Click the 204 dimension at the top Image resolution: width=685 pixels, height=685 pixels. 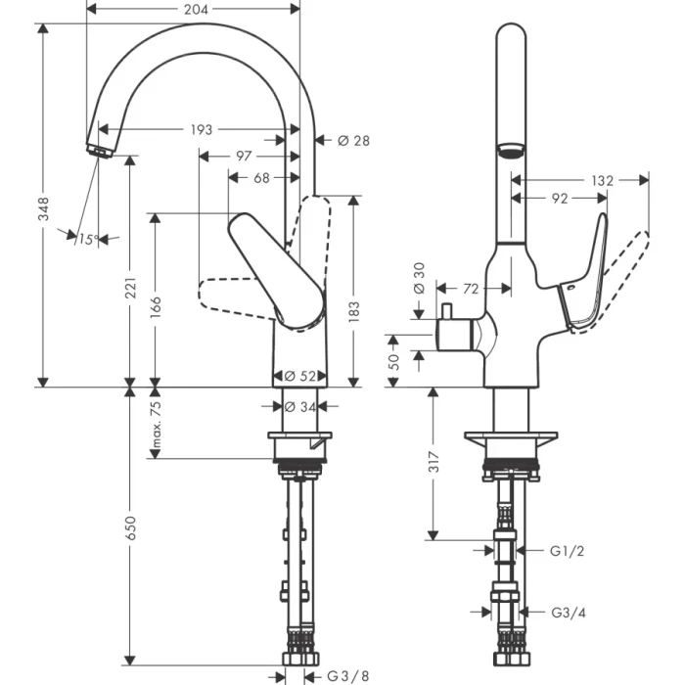pyautogui.click(x=194, y=8)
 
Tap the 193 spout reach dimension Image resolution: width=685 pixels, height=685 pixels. pyautogui.click(x=201, y=129)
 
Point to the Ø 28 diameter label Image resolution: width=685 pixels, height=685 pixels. pyautogui.click(x=353, y=141)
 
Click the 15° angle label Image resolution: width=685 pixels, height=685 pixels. pyautogui.click(x=89, y=238)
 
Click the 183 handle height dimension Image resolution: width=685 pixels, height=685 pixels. pyautogui.click(x=354, y=309)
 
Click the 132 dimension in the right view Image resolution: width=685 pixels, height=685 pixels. pyautogui.click(x=602, y=180)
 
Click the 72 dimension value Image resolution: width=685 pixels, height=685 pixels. pyautogui.click(x=472, y=289)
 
